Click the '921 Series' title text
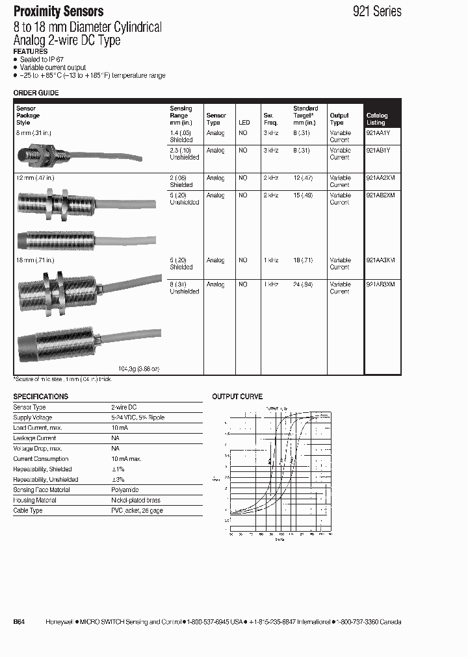pyautogui.click(x=377, y=11)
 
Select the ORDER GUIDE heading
pyautogui.click(x=36, y=93)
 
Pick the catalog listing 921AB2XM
pyautogui.click(x=381, y=195)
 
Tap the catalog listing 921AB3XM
pyautogui.click(x=381, y=284)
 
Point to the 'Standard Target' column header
pyautogui.click(x=305, y=116)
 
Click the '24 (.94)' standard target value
pyautogui.click(x=303, y=284)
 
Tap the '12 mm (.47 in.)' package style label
pyautogui.click(x=34, y=177)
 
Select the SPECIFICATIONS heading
pyautogui.click(x=41, y=396)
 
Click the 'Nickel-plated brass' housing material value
pyautogui.click(x=136, y=501)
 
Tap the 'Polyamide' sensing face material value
pyautogui.click(x=125, y=490)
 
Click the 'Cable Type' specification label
pyautogui.click(x=28, y=511)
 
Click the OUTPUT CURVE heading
pyautogui.click(x=237, y=397)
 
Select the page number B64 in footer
pyautogui.click(x=19, y=622)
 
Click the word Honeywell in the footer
pyautogui.click(x=59, y=622)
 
